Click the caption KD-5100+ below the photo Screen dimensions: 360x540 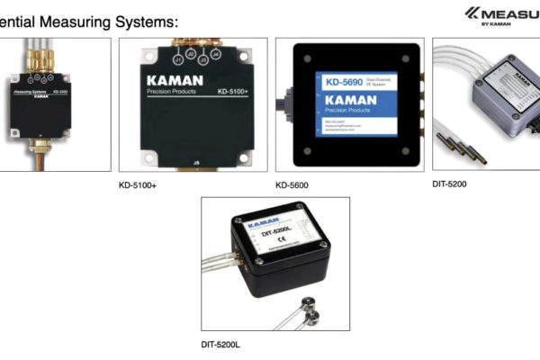click(138, 185)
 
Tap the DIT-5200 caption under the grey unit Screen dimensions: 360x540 click(449, 184)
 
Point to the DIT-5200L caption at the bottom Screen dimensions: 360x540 click(220, 344)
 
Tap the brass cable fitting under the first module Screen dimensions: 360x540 click(40, 142)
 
